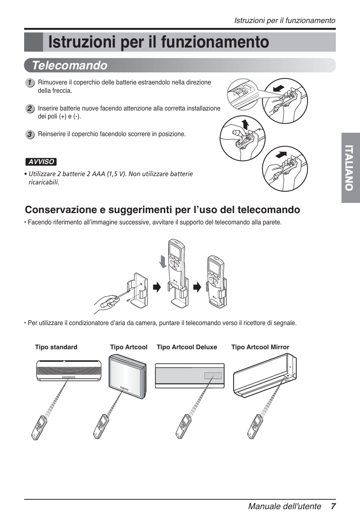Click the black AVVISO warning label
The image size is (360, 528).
41,162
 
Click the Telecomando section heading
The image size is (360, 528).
69,66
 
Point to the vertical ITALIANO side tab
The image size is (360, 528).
351,168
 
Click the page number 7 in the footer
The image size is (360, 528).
333,506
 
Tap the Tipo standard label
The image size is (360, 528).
56,347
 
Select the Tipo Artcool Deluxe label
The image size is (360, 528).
187,347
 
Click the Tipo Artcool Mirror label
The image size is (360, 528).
260,347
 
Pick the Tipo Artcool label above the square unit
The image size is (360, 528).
129,347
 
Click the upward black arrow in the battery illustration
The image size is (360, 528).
245,123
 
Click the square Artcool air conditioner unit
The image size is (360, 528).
127,377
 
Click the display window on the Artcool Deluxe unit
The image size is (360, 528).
213,376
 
